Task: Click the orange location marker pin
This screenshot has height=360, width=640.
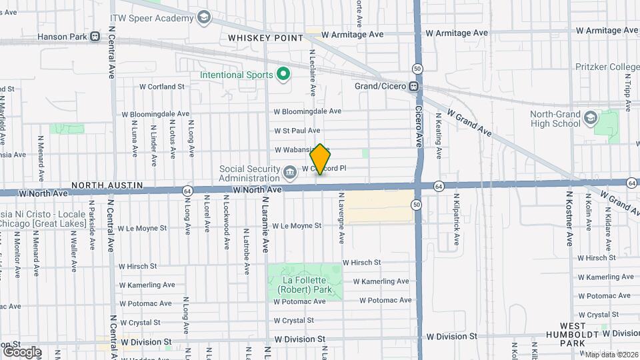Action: (x=321, y=159)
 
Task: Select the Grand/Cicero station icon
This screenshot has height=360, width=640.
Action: (x=414, y=86)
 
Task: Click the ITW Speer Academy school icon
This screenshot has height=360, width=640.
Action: (x=204, y=17)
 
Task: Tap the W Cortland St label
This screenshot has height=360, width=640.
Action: (x=161, y=87)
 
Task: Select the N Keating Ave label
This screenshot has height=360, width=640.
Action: (x=439, y=135)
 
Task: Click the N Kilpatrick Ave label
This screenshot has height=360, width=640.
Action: (x=457, y=220)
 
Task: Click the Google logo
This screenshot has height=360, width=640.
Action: (x=22, y=351)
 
